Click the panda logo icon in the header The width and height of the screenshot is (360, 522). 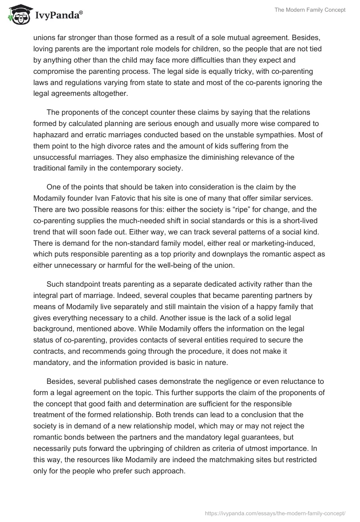point(18,15)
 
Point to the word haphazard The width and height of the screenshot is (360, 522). point(52,135)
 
